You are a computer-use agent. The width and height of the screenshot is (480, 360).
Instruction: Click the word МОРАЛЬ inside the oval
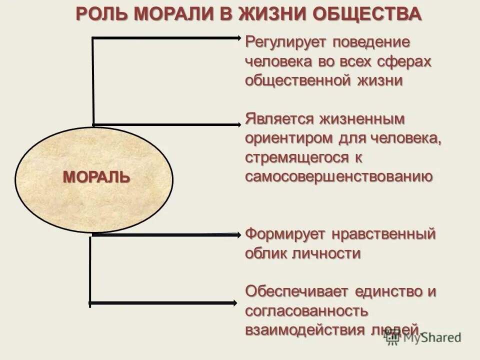(x=96, y=177)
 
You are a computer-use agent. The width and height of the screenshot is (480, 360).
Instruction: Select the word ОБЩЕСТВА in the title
(x=369, y=13)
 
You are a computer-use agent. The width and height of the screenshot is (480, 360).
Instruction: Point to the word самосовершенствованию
(x=338, y=176)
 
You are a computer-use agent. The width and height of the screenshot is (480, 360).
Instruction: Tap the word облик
(x=265, y=253)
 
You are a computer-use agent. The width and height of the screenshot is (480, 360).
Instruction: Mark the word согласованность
(x=306, y=310)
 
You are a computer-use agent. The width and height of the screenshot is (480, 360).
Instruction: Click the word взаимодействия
(x=303, y=329)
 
